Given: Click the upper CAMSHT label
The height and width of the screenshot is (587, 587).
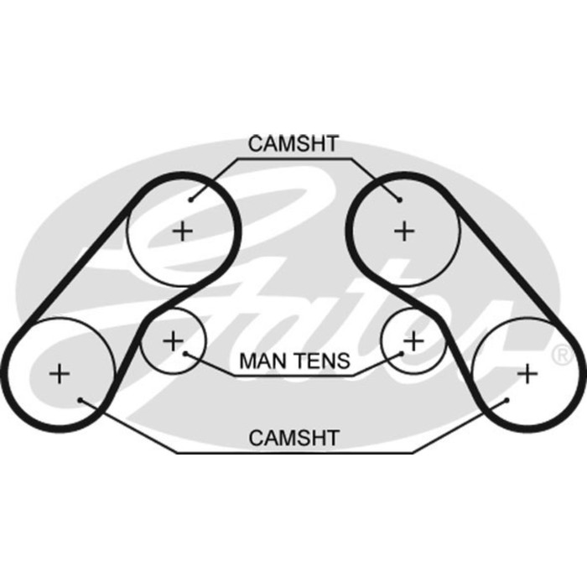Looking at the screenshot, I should coord(293,143).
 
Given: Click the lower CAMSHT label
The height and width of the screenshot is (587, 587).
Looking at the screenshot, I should coord(293,437).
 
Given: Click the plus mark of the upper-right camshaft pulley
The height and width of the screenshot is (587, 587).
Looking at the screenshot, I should coord(404,230).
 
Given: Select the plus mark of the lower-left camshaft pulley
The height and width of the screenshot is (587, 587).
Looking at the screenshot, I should coord(60,373).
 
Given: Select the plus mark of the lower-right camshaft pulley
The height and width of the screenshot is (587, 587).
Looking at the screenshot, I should coord(527,373).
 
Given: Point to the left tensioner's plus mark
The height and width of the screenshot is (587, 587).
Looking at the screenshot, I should coord(172,340).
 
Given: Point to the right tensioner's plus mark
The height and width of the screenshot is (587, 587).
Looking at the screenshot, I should coord(413,340).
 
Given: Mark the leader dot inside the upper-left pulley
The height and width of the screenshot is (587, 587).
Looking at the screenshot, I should coord(191,200).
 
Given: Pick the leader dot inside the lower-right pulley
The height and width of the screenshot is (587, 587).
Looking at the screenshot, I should coord(506,400).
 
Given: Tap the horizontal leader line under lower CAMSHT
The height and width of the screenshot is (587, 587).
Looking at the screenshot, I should coord(293,452).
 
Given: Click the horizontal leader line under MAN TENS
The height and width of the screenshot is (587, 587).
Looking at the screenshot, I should coord(293,376).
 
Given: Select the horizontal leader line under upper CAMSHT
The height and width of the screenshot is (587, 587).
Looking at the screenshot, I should coord(293,158).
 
